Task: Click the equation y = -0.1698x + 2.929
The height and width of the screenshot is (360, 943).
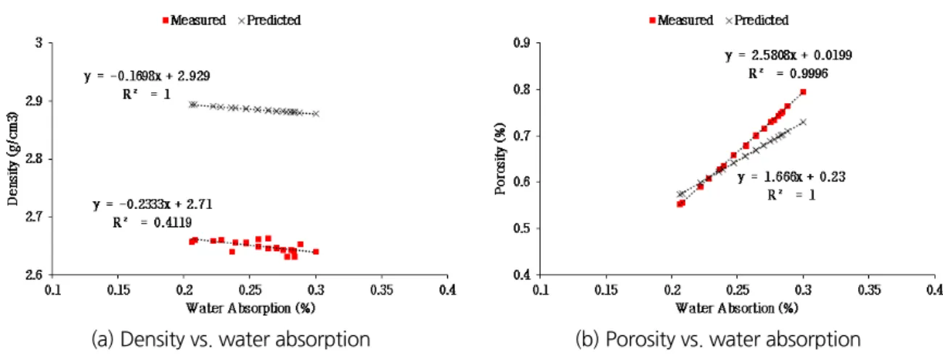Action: click(x=147, y=76)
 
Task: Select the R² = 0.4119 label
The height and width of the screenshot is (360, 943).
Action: click(x=152, y=222)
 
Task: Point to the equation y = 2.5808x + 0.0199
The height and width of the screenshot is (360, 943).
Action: click(x=788, y=55)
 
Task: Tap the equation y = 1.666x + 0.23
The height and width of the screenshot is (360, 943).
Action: click(x=791, y=177)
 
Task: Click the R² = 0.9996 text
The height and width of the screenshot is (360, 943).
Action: click(x=788, y=74)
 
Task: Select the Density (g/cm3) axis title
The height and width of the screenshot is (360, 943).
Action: click(x=12, y=159)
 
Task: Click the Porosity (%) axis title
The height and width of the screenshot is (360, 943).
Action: click(x=500, y=159)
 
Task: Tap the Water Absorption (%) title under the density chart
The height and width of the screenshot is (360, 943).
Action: click(x=250, y=308)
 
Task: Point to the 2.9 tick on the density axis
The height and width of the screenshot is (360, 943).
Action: click(x=35, y=101)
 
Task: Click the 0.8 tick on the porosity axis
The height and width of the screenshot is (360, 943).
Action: click(x=522, y=90)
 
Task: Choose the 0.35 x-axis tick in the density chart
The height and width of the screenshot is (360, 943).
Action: click(x=381, y=290)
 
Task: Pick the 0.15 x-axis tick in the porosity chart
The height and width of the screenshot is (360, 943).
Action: click(x=605, y=290)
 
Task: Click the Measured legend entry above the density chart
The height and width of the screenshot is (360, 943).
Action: click(x=194, y=20)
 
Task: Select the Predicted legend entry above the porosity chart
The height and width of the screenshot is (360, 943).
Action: click(x=757, y=20)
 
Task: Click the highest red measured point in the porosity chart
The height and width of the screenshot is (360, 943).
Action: click(x=803, y=91)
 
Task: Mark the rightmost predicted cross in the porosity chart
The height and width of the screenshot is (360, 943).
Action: click(x=803, y=122)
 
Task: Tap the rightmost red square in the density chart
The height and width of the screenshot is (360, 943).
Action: click(x=316, y=252)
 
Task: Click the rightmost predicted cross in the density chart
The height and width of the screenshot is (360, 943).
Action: click(x=316, y=114)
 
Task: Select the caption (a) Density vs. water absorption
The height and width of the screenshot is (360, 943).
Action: click(x=231, y=340)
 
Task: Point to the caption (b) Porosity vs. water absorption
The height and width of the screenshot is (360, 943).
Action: click(x=718, y=340)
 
